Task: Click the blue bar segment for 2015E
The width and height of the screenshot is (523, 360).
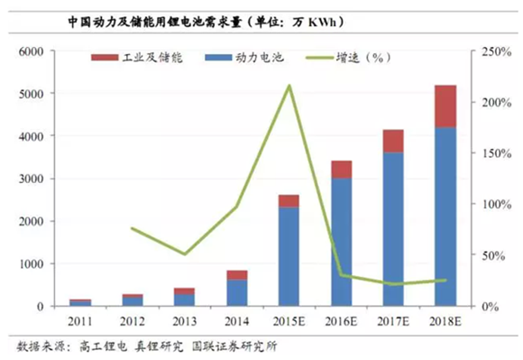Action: pos(289,256)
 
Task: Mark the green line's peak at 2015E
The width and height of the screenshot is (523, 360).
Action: pos(289,86)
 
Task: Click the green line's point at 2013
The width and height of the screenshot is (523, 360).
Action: pos(184,254)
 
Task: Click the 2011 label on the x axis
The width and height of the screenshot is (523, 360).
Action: pos(79,320)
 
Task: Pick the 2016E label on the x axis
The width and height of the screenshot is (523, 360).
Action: pos(341,320)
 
